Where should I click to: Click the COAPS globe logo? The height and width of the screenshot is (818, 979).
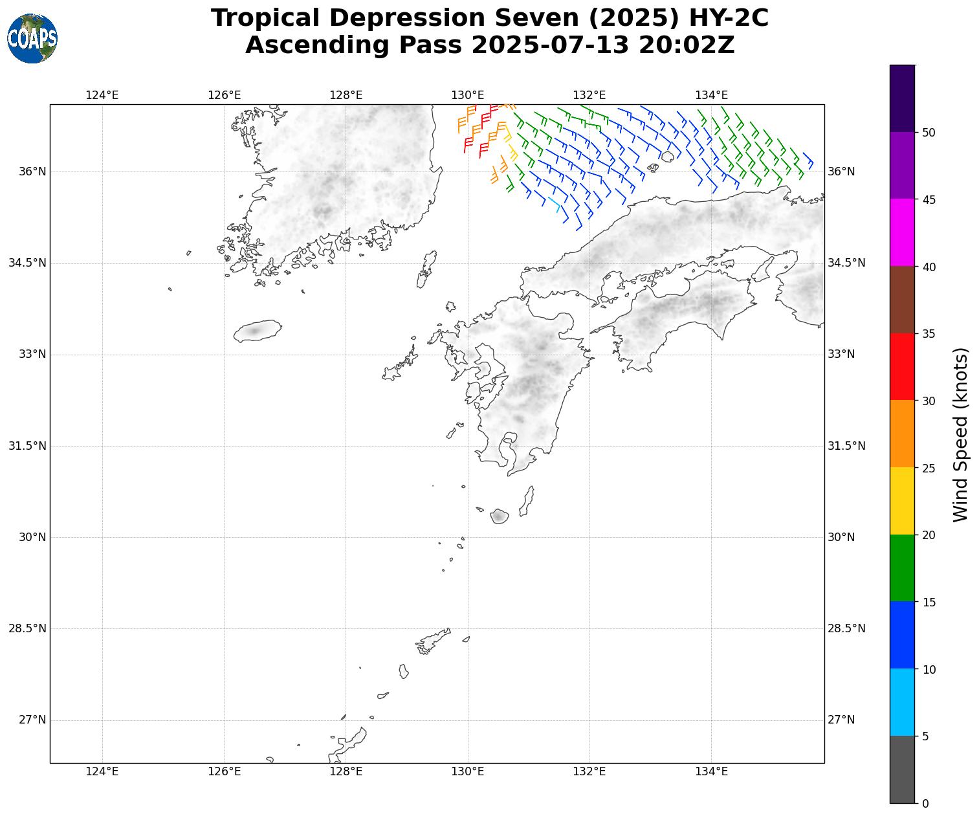coord(32,38)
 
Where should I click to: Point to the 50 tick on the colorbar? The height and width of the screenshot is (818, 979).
coord(929,133)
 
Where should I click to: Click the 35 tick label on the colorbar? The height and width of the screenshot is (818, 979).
coord(929,334)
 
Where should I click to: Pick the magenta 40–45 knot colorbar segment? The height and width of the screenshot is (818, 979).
coord(902,232)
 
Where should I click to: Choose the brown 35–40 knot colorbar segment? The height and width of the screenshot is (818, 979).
coord(902,300)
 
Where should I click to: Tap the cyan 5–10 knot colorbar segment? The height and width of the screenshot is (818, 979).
coord(902,702)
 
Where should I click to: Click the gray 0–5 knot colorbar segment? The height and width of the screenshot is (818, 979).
coord(902,769)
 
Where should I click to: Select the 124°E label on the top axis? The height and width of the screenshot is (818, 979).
coord(102,96)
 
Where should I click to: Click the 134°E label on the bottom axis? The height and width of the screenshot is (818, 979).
coord(711,771)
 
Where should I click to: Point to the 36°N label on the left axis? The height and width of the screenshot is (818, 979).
coord(32,171)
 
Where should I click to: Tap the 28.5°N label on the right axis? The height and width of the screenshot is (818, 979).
coord(846,628)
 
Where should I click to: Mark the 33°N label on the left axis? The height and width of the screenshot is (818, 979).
coord(32,354)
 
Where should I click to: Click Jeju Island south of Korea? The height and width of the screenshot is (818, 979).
coord(258,331)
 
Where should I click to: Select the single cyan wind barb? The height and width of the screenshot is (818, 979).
coord(555,203)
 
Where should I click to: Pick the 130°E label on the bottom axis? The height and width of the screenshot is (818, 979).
coord(467,771)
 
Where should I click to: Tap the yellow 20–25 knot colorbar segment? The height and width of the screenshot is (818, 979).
coord(902,501)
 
